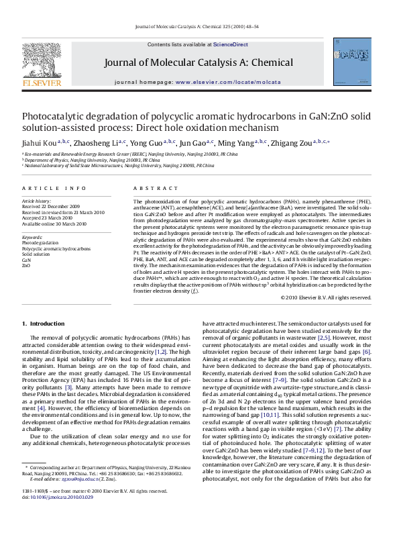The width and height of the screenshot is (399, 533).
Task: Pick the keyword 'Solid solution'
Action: pos(36,254)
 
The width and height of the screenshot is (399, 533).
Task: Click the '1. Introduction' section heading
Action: pos(44,323)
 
